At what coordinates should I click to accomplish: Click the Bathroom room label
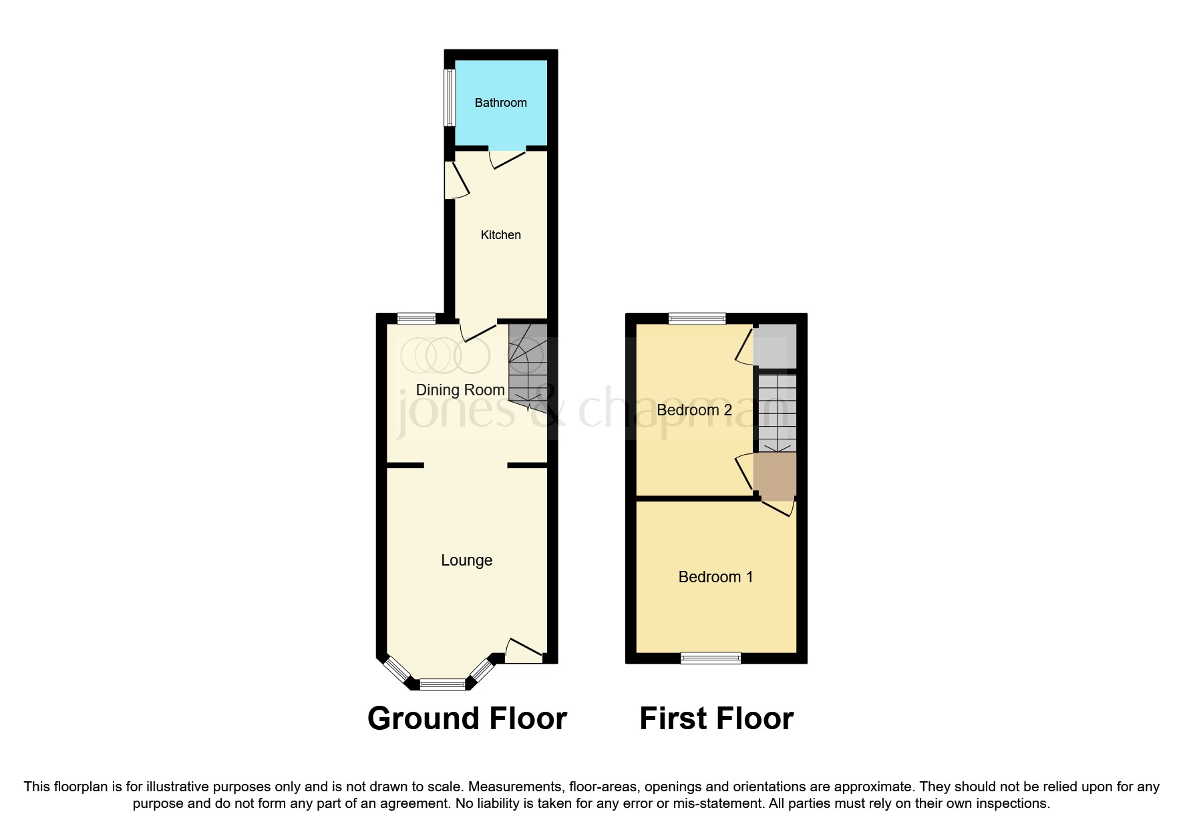tap(500, 103)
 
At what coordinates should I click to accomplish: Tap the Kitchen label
tap(500, 235)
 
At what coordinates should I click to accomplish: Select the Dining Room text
tap(460, 390)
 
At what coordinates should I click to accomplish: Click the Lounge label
tap(466, 560)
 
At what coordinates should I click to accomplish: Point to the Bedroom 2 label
tap(694, 410)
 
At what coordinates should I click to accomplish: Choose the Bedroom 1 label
tap(715, 577)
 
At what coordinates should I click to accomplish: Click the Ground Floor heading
tap(467, 718)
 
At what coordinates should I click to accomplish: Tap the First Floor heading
tap(716, 718)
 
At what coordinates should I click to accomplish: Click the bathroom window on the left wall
tap(450, 97)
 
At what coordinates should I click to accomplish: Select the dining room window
tap(416, 319)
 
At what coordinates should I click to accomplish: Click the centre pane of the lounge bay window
tap(442, 684)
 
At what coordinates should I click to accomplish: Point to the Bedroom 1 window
tap(711, 658)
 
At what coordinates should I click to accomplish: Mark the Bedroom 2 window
tap(697, 319)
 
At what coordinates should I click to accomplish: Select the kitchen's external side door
tap(456, 180)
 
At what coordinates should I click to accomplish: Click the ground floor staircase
tap(528, 364)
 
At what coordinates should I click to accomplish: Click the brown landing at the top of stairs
tap(775, 475)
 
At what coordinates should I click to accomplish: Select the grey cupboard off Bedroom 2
tap(775, 346)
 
